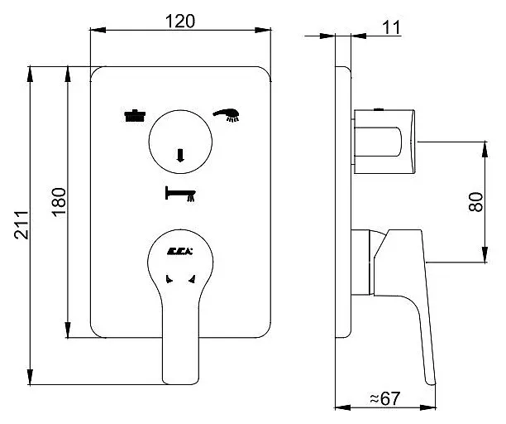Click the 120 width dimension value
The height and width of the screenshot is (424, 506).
[x=181, y=22]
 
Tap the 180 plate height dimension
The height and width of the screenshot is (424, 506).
[x=58, y=203]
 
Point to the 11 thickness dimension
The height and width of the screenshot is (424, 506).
[x=392, y=26]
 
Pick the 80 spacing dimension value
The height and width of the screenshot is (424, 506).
[x=475, y=202]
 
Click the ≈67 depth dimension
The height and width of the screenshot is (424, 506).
[x=384, y=399]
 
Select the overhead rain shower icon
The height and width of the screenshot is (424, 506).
[x=131, y=116]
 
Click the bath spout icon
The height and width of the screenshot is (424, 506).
[x=181, y=194]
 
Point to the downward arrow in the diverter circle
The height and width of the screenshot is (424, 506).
[x=180, y=154]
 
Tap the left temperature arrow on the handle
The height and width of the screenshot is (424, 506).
[x=169, y=280]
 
